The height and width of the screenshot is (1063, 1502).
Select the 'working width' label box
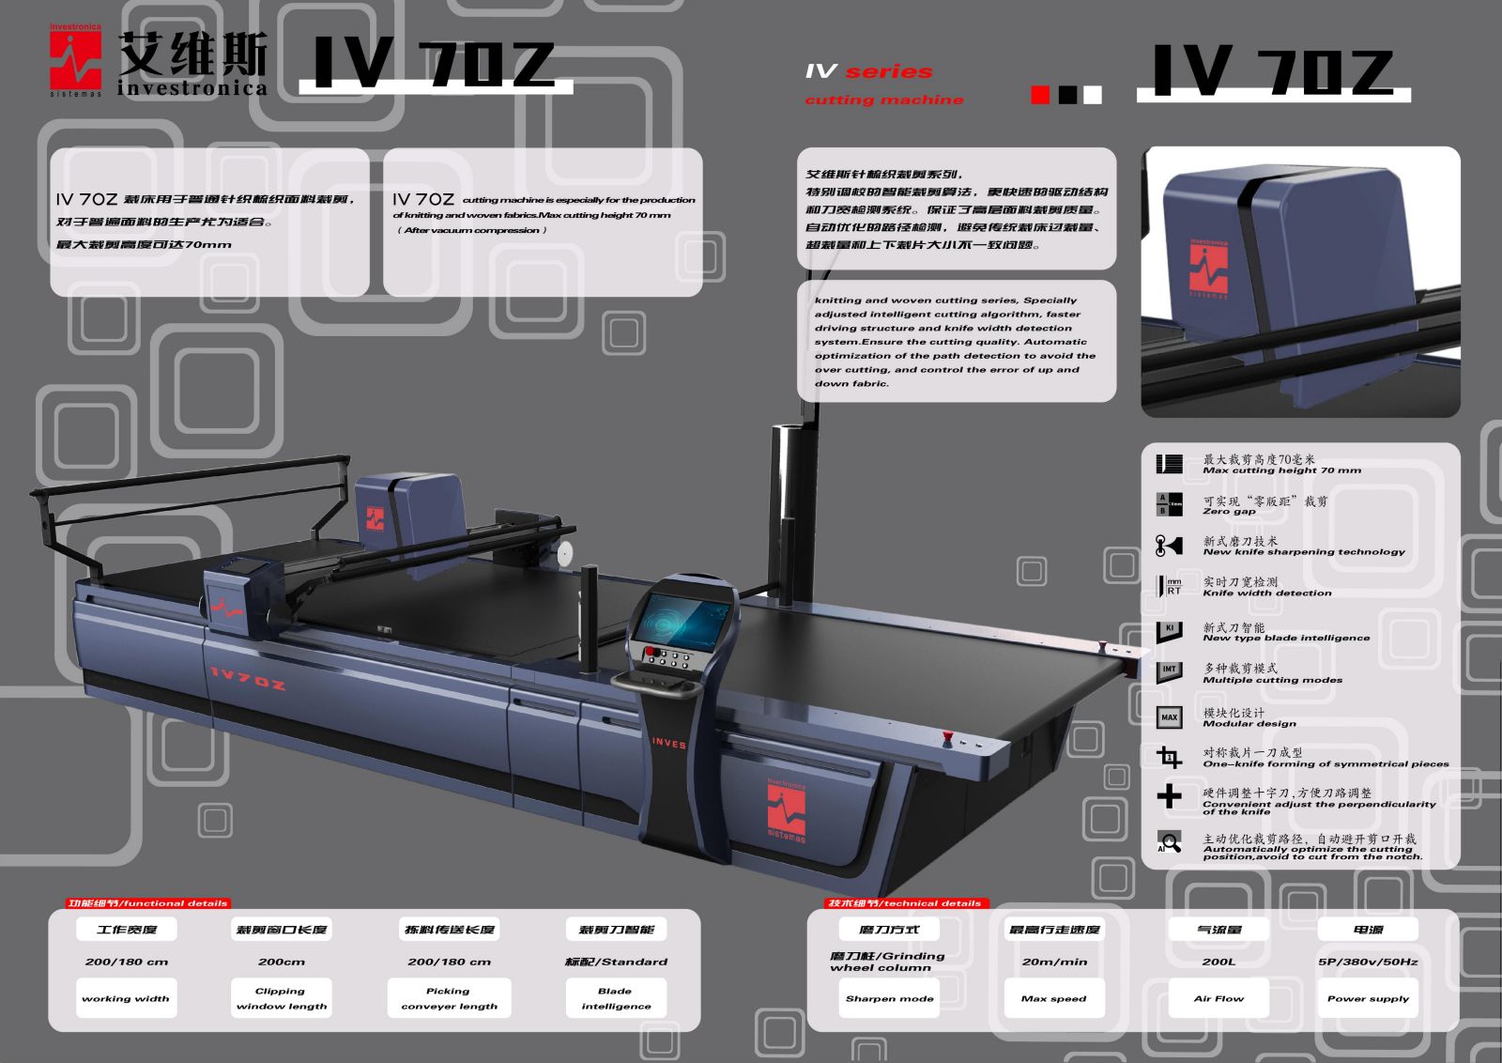[x=126, y=998]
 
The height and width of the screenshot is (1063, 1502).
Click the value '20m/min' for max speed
[x=1054, y=962]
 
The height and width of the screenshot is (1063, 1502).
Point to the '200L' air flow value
[x=1218, y=962]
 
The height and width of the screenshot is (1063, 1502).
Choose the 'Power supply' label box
[x=1368, y=998]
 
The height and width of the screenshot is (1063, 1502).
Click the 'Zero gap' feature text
[x=1229, y=512]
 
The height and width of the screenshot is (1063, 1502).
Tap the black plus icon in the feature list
[x=1169, y=796]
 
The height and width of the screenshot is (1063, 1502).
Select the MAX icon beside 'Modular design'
[x=1169, y=717]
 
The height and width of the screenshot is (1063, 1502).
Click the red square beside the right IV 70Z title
[x=1040, y=95]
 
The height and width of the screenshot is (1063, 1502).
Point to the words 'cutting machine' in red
[x=883, y=100]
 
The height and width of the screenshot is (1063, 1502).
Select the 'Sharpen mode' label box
[x=889, y=998]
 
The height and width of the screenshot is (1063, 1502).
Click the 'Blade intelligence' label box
[x=616, y=998]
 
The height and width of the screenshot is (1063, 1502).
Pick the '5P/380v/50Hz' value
[x=1368, y=962]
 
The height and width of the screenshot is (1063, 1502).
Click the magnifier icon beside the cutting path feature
[x=1169, y=842]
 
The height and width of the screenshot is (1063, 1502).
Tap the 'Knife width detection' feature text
[x=1266, y=593]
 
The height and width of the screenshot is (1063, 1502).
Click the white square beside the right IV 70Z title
[x=1093, y=95]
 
